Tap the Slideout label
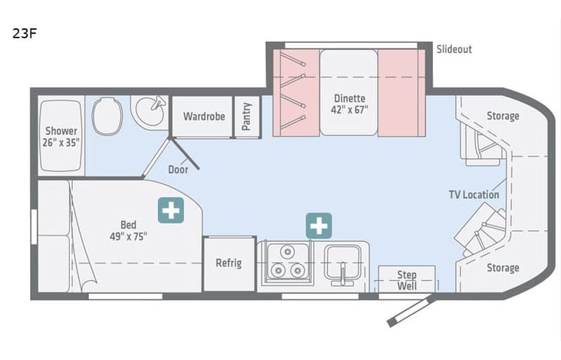(454, 49)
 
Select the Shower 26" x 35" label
(61, 136)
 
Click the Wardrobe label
(203, 117)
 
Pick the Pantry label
(247, 117)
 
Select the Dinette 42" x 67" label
(350, 104)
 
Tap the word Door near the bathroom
(178, 170)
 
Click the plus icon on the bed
(170, 210)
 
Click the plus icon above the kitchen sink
(318, 226)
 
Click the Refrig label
(229, 263)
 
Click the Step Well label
(407, 280)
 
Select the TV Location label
(474, 194)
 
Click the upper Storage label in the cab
(503, 116)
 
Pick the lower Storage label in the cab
(503, 268)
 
